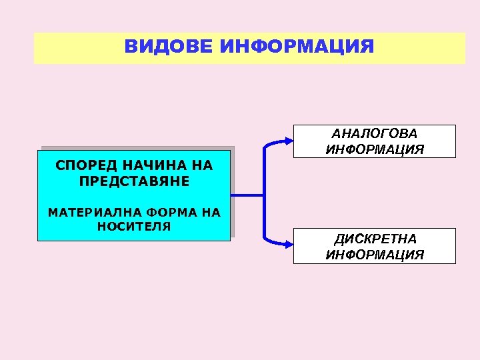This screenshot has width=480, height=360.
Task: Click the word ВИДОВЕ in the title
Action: click(x=168, y=47)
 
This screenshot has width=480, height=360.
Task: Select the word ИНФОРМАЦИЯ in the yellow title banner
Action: click(x=297, y=47)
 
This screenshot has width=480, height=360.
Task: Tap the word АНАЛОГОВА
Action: click(x=375, y=134)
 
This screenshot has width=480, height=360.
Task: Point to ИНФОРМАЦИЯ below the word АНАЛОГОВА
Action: click(x=375, y=149)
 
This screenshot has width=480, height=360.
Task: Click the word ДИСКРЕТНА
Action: click(x=375, y=239)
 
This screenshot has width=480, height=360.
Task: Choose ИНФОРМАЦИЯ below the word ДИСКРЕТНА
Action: click(x=375, y=255)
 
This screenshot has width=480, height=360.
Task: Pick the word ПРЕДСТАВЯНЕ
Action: click(x=134, y=181)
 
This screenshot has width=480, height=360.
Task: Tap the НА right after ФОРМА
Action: click(x=210, y=213)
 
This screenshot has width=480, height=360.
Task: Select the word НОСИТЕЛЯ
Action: click(x=134, y=227)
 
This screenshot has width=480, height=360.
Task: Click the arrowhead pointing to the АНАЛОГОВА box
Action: click(x=288, y=141)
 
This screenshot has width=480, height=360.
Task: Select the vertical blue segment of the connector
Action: click(x=265, y=195)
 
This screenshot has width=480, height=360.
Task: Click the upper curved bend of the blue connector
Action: click(x=268, y=146)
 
